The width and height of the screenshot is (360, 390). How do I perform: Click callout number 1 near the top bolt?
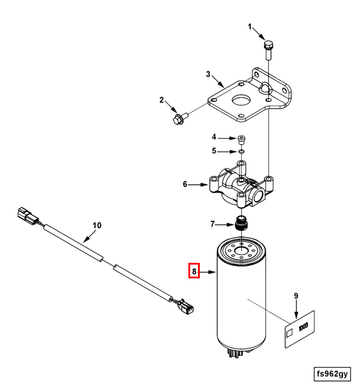coord(251,28)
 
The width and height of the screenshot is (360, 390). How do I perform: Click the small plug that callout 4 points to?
coord(241,139)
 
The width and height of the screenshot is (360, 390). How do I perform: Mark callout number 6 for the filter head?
coord(185,184)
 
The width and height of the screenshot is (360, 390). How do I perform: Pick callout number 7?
coord(212,224)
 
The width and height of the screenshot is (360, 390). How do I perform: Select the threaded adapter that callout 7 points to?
coord(242,223)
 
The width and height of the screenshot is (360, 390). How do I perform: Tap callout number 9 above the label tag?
coord(296,296)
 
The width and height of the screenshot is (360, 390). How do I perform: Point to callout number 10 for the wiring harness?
coord(97,226)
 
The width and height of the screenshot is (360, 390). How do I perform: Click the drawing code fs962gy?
coord(332,374)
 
